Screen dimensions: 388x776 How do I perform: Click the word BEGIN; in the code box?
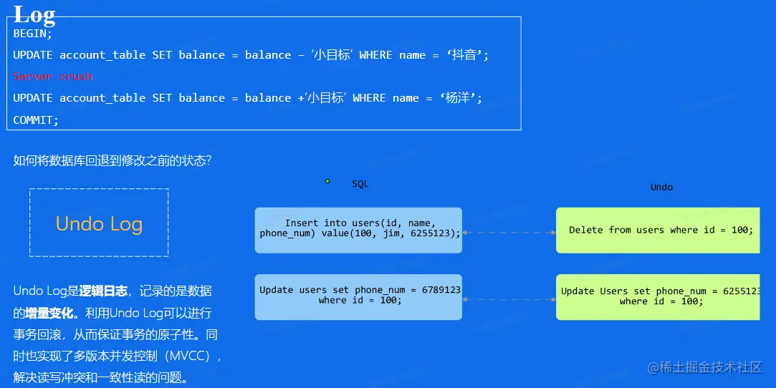click(33, 33)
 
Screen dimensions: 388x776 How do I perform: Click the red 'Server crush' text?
click(53, 76)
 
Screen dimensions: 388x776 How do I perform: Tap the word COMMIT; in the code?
click(36, 120)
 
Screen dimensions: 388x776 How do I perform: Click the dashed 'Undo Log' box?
click(99, 223)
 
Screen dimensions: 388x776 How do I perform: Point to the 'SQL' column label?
click(360, 184)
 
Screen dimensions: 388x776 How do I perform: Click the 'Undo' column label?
click(661, 187)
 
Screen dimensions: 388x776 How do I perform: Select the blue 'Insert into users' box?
click(358, 230)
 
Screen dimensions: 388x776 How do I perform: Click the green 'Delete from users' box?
click(658, 230)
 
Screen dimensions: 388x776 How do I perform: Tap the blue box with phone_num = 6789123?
click(358, 296)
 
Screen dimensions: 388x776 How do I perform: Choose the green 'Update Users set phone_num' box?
click(658, 296)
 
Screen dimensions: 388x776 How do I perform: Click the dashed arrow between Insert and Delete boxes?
click(509, 233)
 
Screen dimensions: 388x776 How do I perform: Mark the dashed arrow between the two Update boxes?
click(509, 299)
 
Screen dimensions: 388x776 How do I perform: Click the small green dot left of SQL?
click(327, 181)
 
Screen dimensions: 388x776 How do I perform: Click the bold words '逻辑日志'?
click(103, 291)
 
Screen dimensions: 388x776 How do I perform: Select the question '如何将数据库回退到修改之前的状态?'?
click(112, 160)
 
